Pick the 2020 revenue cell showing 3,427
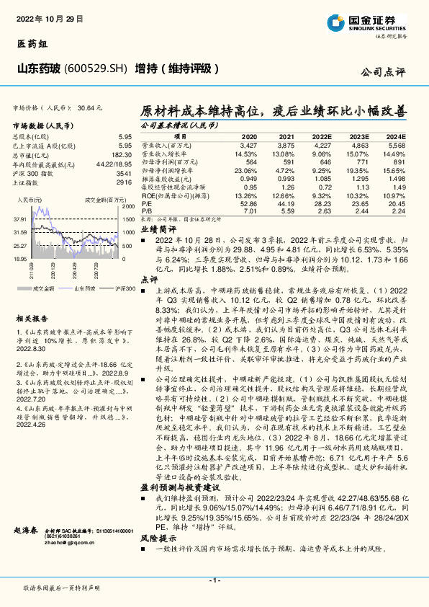[x=248, y=145]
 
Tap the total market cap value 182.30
[x=122, y=154]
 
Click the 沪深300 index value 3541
[x=124, y=174]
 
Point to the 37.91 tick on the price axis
[x=19, y=218]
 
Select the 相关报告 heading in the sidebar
[x=32, y=318]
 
